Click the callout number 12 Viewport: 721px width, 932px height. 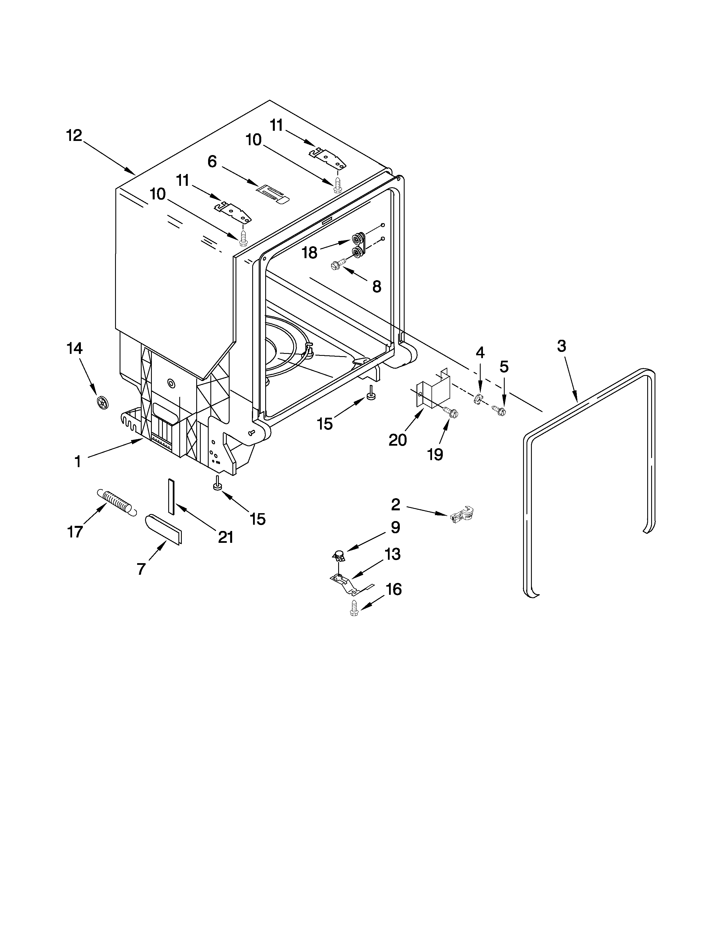click(x=74, y=135)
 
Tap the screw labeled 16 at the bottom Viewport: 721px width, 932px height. click(x=354, y=608)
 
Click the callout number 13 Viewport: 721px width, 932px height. click(x=392, y=554)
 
